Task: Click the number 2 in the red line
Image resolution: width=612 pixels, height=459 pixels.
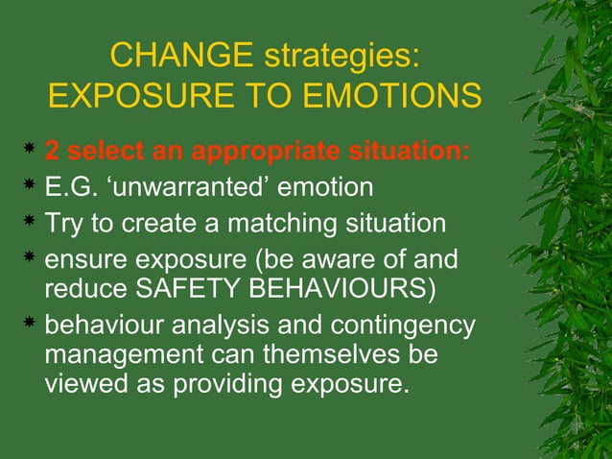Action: pyautogui.click(x=53, y=153)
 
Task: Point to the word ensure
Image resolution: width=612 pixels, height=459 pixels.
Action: pyautogui.click(x=87, y=261)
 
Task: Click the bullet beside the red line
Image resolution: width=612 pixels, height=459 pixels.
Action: pyautogui.click(x=31, y=152)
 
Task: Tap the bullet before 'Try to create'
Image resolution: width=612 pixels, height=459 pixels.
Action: pyautogui.click(x=31, y=224)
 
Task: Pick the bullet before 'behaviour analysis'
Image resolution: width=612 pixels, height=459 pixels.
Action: pyautogui.click(x=31, y=326)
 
